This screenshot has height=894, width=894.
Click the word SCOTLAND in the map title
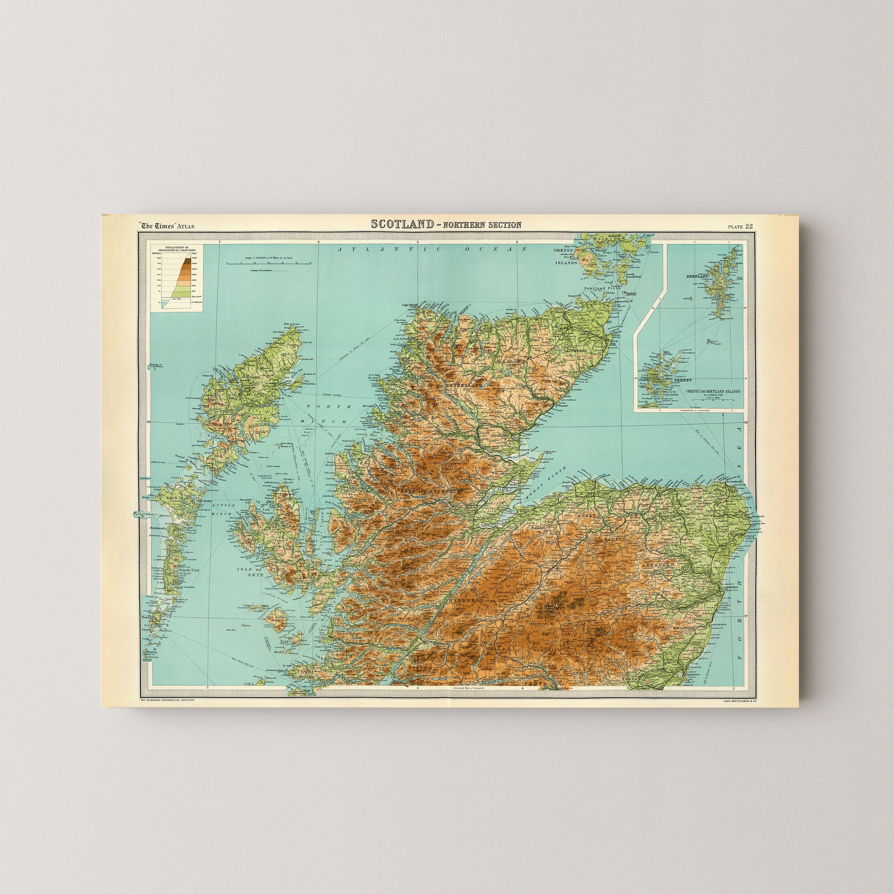point(401,224)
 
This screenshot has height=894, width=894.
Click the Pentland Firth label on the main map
point(595,288)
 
